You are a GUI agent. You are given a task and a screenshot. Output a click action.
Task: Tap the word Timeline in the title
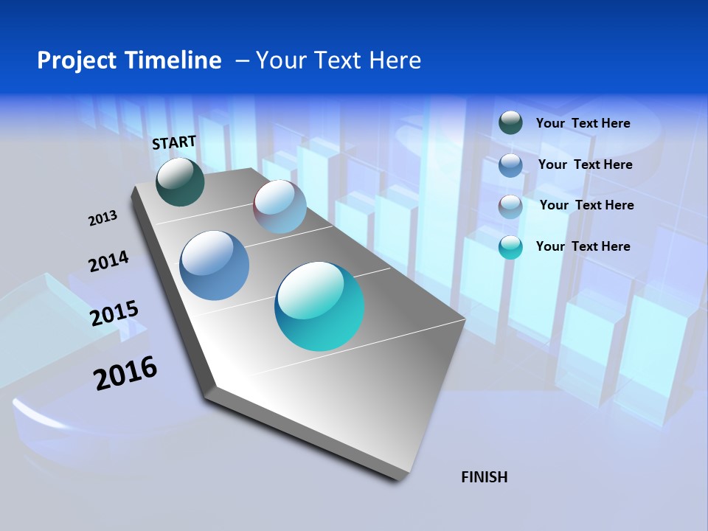(178, 60)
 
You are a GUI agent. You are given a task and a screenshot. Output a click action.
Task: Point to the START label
(174, 143)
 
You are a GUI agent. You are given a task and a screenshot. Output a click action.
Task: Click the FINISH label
(485, 477)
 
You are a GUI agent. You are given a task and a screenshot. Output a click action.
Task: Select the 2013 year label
(103, 218)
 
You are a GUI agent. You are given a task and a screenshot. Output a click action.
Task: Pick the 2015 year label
(114, 313)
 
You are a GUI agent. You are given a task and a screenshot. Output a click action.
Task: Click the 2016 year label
(125, 373)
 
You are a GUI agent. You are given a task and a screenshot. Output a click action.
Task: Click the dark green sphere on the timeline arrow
(180, 182)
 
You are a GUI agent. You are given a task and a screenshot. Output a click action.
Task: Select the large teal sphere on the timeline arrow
(319, 306)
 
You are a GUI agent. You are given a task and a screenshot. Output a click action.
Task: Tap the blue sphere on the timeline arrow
(214, 265)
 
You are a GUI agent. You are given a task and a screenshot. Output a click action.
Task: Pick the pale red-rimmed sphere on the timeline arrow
(280, 206)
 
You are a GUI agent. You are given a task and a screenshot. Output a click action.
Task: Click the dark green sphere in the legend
(510, 122)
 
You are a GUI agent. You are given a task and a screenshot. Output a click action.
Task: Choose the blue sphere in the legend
(510, 164)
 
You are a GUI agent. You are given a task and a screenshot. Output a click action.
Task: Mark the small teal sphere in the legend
(510, 246)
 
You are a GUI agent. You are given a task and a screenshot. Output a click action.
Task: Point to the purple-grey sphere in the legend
(510, 206)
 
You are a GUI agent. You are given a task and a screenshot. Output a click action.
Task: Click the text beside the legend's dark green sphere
(583, 123)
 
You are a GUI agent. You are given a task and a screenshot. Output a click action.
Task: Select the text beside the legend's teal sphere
(583, 246)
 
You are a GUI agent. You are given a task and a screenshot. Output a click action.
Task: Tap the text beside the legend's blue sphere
(585, 164)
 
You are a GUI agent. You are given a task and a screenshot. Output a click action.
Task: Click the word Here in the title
(395, 60)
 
